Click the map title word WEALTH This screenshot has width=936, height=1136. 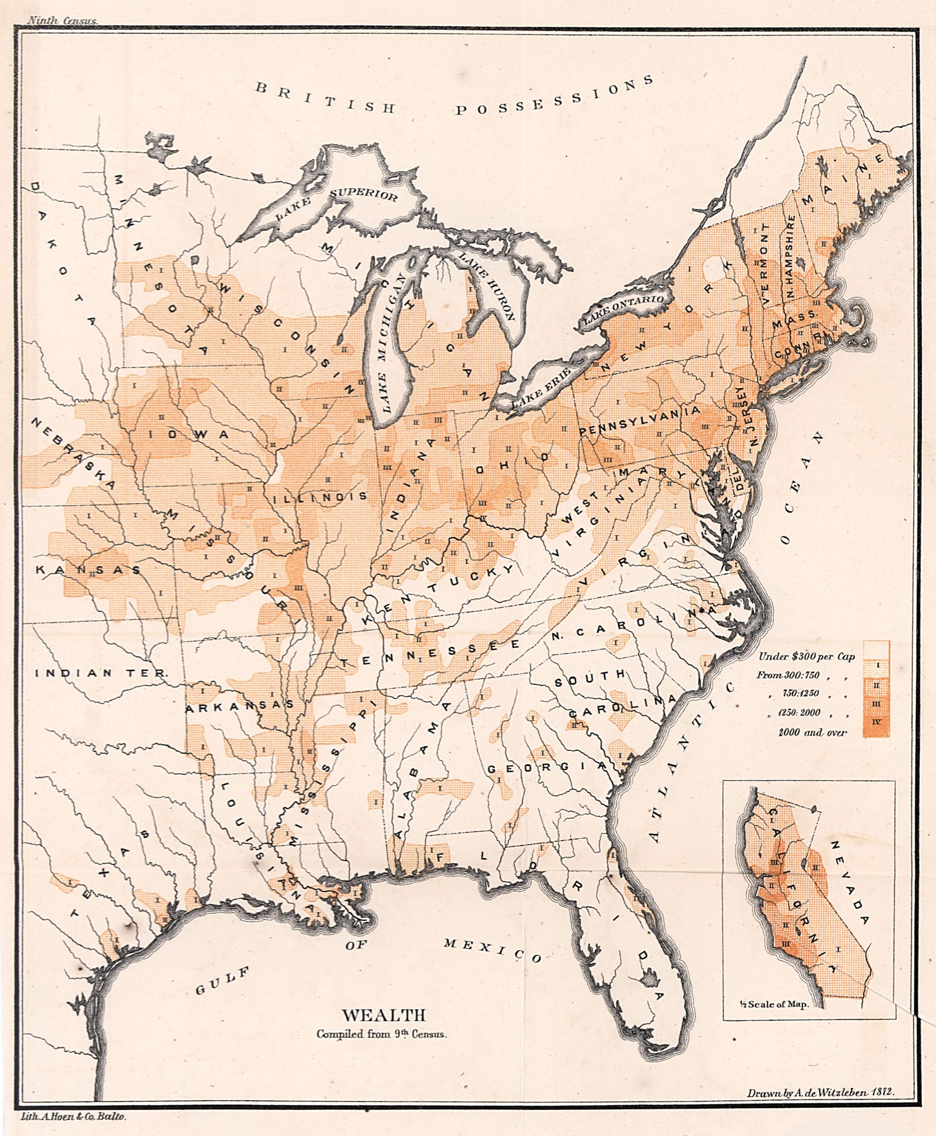coord(384,1015)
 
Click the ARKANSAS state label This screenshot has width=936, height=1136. coord(240,706)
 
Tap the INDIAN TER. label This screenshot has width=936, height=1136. coord(102,673)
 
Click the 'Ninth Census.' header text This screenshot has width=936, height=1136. coord(62,21)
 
